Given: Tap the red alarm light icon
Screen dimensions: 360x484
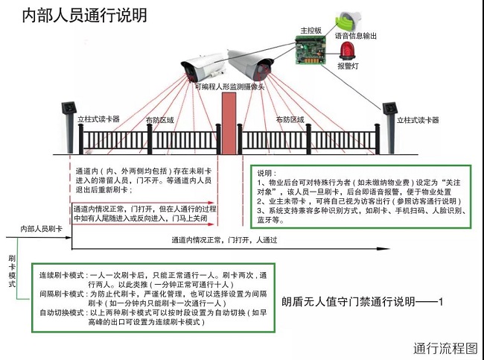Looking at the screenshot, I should click(346, 50).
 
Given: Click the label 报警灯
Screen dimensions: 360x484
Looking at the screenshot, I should click(347, 66).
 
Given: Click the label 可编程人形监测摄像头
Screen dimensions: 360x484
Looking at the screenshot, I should click(231, 86).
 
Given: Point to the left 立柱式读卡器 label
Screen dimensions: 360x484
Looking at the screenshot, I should click(99, 119).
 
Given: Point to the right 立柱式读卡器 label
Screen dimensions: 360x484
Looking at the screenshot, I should click(418, 120).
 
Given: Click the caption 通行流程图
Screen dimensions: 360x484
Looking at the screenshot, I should click(445, 347).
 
